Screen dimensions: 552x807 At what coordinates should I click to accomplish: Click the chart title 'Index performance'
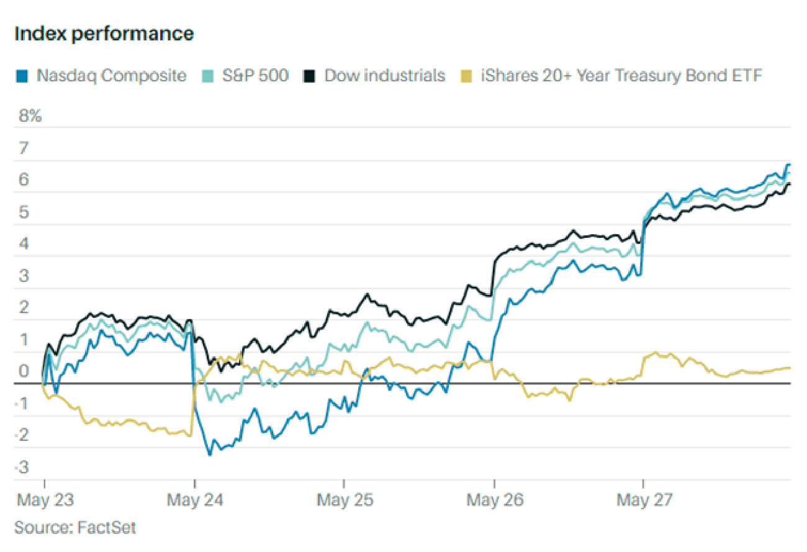104,34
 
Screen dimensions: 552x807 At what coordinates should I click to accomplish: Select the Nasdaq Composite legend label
111,76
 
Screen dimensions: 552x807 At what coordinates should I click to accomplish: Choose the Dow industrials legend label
385,76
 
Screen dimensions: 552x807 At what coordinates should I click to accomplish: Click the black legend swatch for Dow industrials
309,76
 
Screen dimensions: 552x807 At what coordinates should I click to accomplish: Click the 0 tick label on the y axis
24,371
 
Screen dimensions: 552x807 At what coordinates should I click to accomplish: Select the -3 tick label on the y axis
22,467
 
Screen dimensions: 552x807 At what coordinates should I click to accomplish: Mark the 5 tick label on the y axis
24,212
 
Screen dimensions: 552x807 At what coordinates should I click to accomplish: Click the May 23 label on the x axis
43,499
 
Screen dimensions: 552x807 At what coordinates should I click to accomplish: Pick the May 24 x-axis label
194,499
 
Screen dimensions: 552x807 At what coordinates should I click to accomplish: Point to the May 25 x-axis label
345,499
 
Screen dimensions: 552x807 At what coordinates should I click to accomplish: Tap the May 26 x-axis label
495,499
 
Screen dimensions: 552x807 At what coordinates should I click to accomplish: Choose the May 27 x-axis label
644,499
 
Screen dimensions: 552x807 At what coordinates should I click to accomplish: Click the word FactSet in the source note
106,528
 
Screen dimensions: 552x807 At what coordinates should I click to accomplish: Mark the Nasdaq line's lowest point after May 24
209,455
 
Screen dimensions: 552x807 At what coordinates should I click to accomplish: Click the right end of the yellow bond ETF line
790,368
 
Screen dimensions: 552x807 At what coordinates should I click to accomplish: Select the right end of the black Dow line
790,184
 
